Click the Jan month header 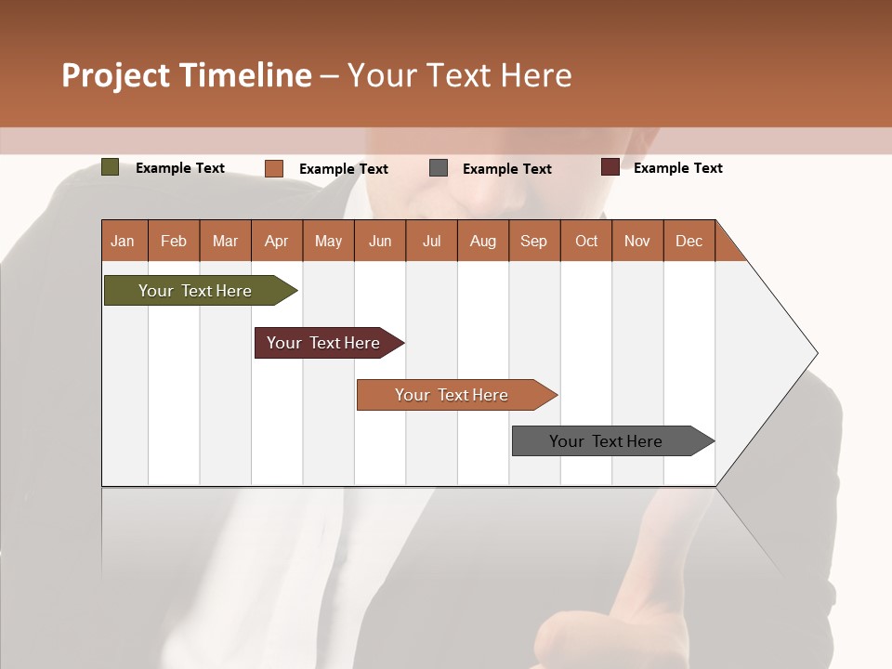pos(124,241)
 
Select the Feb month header pos(174,241)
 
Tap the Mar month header pos(225,241)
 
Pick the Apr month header pos(277,241)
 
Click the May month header pos(328,241)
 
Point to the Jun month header pos(380,241)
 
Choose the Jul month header pos(431,241)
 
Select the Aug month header pos(483,241)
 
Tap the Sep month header pos(534,241)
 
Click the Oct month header pos(586,241)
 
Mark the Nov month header pos(637,241)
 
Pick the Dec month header pos(689,241)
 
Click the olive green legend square pos(110,167)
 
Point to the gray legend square pos(439,168)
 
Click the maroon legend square pos(610,167)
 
